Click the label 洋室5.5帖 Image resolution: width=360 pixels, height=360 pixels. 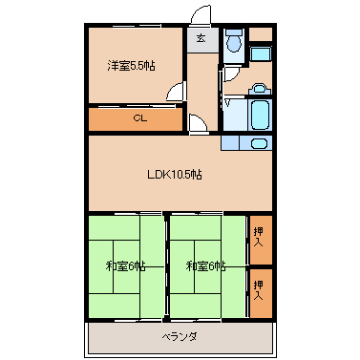click(x=132, y=65)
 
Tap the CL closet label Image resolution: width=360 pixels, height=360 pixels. click(x=139, y=119)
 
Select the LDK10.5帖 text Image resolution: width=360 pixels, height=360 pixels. click(x=173, y=175)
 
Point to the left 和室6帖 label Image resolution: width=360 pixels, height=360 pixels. click(x=125, y=265)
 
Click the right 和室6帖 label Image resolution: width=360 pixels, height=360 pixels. click(x=205, y=265)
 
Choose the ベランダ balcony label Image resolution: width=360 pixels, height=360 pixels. click(x=178, y=337)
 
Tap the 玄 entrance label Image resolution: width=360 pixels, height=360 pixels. click(x=201, y=39)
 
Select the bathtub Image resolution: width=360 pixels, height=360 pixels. click(x=260, y=116)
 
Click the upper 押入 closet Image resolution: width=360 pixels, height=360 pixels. click(x=259, y=240)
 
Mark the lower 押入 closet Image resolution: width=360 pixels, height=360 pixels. click(x=259, y=292)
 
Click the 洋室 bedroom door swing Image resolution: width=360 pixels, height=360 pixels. click(x=176, y=92)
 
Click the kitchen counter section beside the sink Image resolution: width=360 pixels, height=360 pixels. click(x=230, y=143)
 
